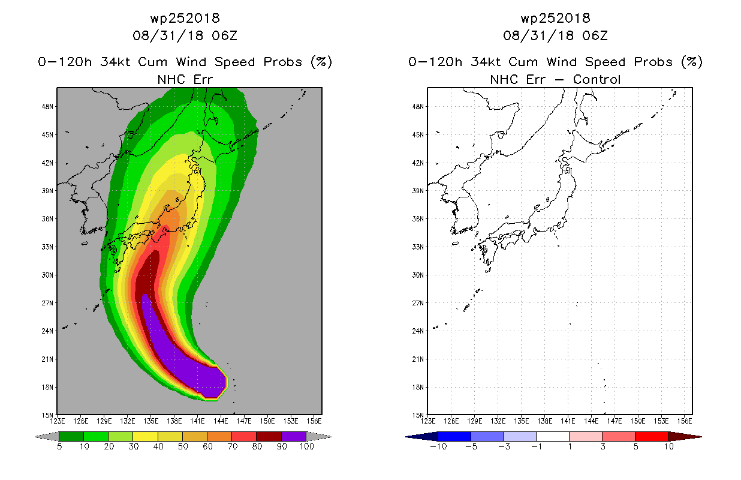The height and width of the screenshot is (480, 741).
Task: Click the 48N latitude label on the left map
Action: coord(47,107)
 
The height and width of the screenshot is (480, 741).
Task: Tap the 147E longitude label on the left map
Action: coord(244,421)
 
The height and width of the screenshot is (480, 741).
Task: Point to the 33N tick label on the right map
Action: coord(418,247)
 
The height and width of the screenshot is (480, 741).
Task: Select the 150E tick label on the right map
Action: coord(638,421)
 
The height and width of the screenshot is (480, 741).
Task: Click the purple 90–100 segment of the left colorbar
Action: coord(294,436)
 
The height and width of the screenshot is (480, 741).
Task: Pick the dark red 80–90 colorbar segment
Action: coord(269,436)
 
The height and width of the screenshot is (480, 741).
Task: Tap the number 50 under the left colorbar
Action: coord(183,446)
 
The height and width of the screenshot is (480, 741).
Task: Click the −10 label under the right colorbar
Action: coord(438,446)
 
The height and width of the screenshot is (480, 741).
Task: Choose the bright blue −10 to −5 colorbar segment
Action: coord(454,436)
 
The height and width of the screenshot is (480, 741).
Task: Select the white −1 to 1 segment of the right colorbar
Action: coord(553,436)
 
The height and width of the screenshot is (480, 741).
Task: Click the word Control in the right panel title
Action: coord(597,80)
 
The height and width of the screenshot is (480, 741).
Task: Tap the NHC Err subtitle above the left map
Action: coord(185,80)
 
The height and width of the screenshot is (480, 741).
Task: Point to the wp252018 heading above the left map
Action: coord(185,18)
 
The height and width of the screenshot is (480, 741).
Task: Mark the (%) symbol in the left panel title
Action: coord(321,62)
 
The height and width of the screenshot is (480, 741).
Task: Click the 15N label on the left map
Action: coord(47,415)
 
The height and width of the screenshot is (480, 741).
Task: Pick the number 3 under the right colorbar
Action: coord(603,446)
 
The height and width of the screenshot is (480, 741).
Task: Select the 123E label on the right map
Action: coord(427,421)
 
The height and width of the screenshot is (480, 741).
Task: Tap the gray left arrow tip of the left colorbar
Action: coord(36,437)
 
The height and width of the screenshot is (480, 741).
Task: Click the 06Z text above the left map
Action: coord(225,35)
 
